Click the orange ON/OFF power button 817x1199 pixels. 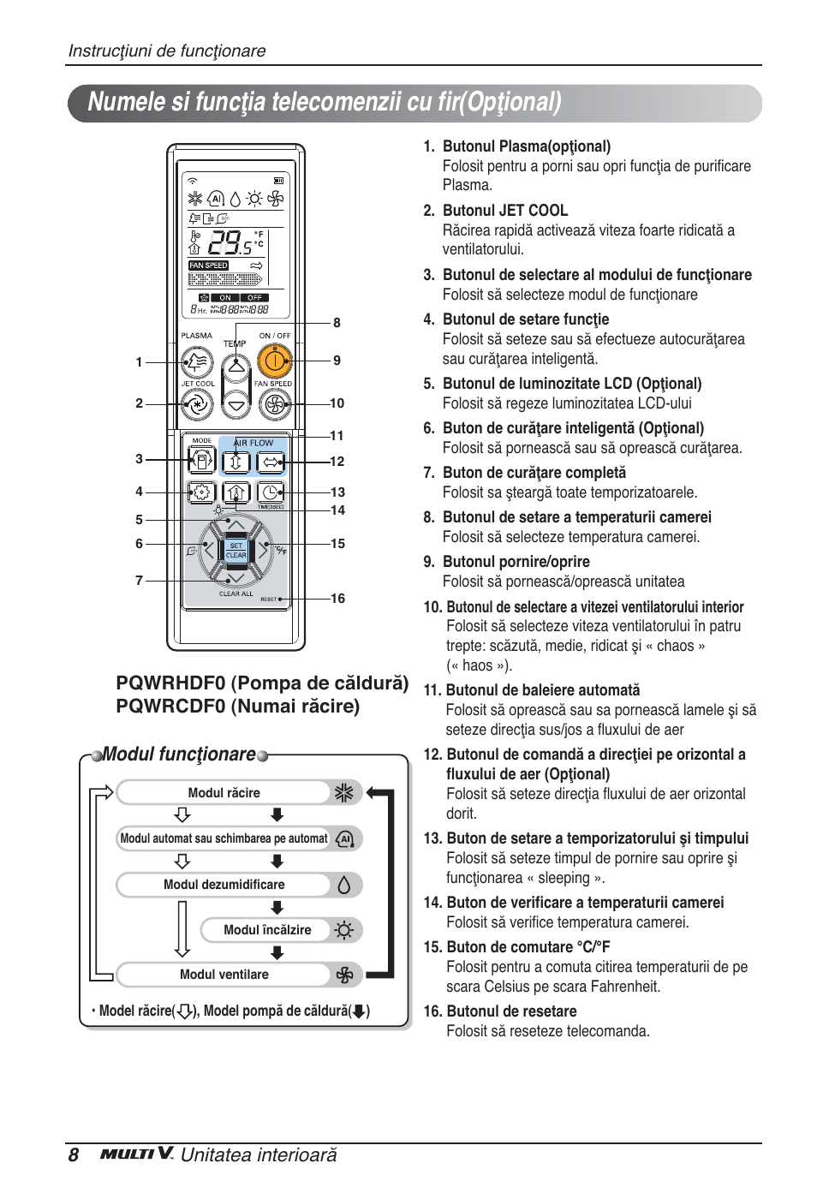coord(274,361)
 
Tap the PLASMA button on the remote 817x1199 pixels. coord(197,361)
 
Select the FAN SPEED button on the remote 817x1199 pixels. coord(274,404)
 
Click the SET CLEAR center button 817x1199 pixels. coord(236,550)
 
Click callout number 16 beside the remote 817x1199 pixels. coord(337,599)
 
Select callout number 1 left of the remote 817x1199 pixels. coord(139,362)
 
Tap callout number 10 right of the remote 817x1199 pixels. coord(337,403)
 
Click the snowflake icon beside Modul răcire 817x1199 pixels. coord(344,793)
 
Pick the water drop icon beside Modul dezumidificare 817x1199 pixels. coord(344,885)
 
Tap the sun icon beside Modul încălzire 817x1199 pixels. coord(344,930)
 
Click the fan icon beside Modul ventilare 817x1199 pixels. coord(344,975)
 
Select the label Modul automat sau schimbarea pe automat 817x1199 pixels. coord(224,838)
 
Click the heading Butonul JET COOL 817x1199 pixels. coord(504,211)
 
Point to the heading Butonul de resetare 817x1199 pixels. coord(510,1011)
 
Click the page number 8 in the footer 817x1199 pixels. coord(74,1155)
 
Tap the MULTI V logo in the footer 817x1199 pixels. coord(137,1154)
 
